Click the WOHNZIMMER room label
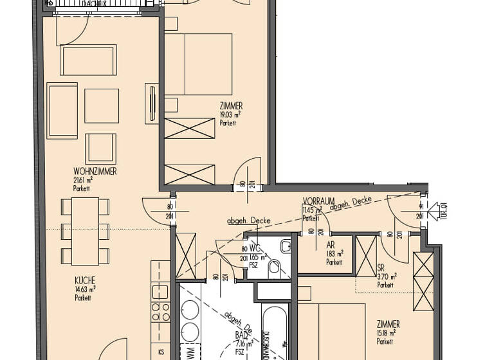coord(94,172)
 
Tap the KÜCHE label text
coord(85,281)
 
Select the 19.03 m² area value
coord(230,114)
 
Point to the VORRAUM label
coord(316,201)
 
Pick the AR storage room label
coord(330,245)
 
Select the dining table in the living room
coord(85,231)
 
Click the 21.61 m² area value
coord(83,181)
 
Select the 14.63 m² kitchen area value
coord(85,289)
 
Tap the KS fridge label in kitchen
coord(160,353)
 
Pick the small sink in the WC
coord(286,246)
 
